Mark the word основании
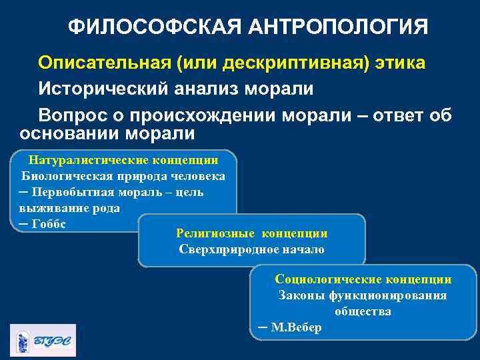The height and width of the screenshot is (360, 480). (x=68, y=133)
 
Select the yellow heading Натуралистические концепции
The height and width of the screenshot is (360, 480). (x=123, y=161)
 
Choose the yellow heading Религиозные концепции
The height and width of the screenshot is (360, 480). (x=251, y=234)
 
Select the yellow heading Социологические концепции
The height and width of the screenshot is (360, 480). (x=363, y=280)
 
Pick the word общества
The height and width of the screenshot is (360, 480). (x=363, y=312)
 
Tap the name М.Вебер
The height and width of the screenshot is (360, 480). (x=297, y=328)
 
